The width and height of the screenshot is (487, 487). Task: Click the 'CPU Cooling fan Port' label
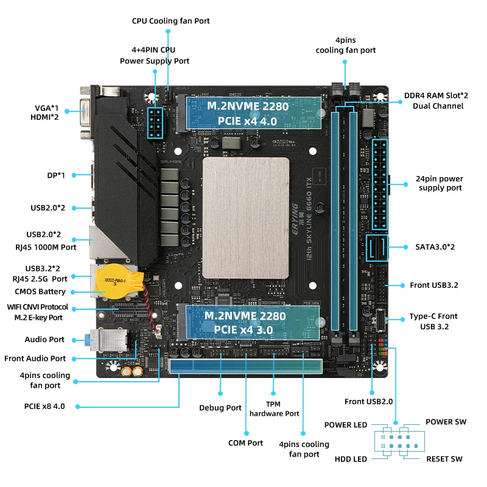click(x=171, y=21)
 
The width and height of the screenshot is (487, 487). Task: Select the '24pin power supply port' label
click(x=440, y=183)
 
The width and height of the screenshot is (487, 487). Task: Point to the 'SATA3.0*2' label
click(x=435, y=247)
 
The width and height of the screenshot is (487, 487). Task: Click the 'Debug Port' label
click(x=220, y=408)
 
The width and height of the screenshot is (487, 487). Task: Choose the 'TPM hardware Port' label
click(x=275, y=409)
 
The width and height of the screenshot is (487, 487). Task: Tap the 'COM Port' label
click(x=246, y=443)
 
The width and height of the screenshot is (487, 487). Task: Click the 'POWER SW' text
click(x=446, y=422)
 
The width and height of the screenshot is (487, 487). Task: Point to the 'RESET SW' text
click(x=444, y=459)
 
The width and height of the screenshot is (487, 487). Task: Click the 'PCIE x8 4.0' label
click(x=44, y=406)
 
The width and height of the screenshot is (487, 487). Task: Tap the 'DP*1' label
click(x=56, y=175)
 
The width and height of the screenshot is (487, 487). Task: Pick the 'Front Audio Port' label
click(x=35, y=359)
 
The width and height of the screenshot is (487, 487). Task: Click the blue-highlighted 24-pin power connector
click(x=380, y=184)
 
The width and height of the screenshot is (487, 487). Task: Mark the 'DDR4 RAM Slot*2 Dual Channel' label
click(x=436, y=100)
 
